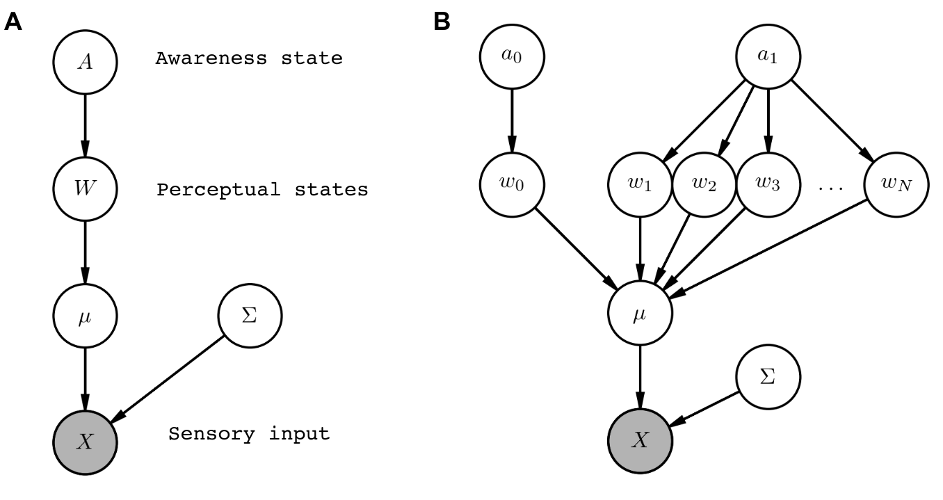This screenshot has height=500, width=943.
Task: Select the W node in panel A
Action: click(x=85, y=188)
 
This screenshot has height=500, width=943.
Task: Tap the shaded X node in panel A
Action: click(x=85, y=442)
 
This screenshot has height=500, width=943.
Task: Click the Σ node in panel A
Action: click(x=250, y=316)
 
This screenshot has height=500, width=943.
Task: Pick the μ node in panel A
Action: click(x=85, y=316)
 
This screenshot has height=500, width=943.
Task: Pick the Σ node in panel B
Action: click(x=768, y=379)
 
